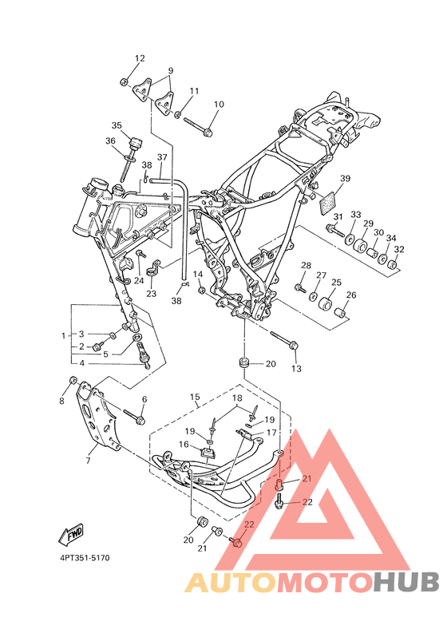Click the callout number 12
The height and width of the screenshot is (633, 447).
[140, 58]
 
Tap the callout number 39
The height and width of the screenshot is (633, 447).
[346, 178]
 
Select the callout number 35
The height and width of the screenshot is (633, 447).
[117, 125]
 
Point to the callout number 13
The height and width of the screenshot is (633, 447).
[296, 368]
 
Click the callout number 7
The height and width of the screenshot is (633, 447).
[88, 460]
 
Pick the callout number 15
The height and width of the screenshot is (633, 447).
[195, 397]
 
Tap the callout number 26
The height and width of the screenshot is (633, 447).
[351, 295]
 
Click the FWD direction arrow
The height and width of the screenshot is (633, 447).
[72, 534]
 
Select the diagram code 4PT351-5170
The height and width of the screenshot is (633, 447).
[85, 558]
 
